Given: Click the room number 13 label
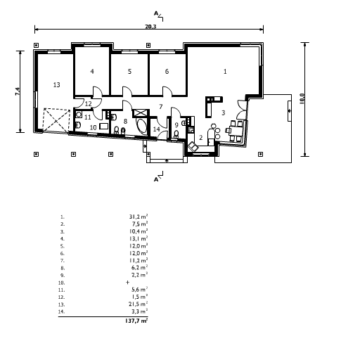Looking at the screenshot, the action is coord(56,84).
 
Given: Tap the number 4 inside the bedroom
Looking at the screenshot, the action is coord(92,71).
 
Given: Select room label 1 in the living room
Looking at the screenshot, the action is coord(225,71).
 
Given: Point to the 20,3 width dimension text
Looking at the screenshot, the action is coord(150,27).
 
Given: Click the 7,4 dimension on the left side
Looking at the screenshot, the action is coord(18,91).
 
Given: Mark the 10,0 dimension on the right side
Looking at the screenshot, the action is coord(302,98).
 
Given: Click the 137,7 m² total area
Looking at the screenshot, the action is coord(136,321).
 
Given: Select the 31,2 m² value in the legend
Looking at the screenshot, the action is coord(139,217).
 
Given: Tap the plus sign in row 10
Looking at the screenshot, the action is coord(127,282).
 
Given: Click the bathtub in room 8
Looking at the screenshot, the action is coord(141,127).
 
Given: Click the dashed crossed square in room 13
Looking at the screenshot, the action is coord(57,121).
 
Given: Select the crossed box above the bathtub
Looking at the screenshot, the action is coord(141,113).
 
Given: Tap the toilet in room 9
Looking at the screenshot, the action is coord(176,134).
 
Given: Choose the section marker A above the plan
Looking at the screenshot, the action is coord(156,13).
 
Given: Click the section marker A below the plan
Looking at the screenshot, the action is coord(156,179).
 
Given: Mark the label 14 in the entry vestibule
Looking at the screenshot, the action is coord(156,129).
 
